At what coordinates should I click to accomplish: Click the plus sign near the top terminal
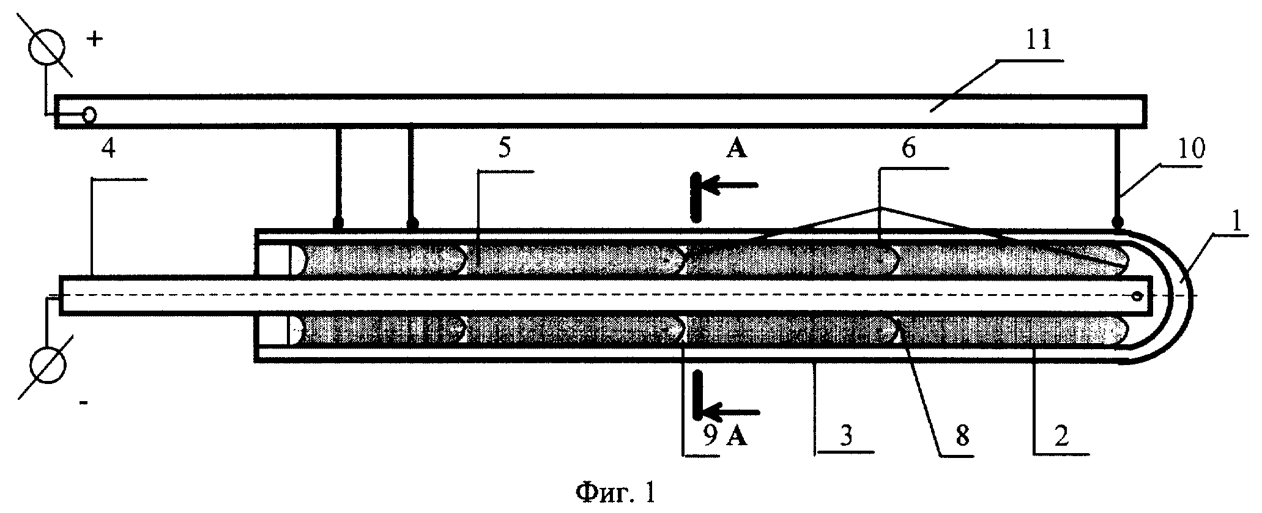coord(95,40)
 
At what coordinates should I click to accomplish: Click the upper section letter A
coord(737,149)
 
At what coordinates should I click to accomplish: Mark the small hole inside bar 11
coord(90,114)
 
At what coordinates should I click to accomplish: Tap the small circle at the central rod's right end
coord(1137,296)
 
